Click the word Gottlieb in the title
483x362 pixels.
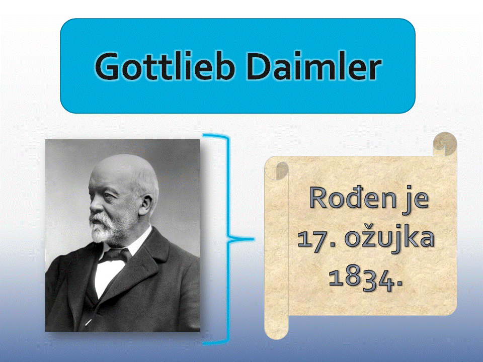(165, 66)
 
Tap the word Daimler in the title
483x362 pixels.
(314, 66)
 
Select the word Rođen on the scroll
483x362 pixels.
(352, 198)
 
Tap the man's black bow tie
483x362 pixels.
(115, 255)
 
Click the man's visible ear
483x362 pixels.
(146, 205)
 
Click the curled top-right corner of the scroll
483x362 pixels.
(445, 144)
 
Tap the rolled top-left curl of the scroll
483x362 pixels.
(277, 169)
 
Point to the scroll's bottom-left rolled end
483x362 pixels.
(276, 328)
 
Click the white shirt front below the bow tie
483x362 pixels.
(106, 277)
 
